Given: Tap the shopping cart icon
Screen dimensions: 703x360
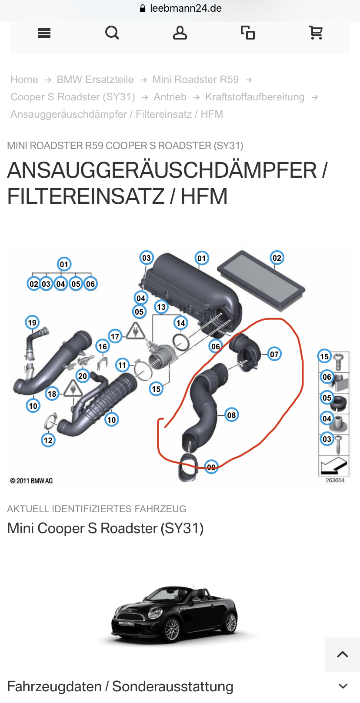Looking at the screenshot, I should pyautogui.click(x=316, y=33).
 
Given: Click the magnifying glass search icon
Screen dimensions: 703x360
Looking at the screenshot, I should pyautogui.click(x=112, y=33).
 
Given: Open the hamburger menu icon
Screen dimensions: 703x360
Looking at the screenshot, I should pyautogui.click(x=44, y=33).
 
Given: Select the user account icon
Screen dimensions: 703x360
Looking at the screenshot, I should pyautogui.click(x=180, y=33).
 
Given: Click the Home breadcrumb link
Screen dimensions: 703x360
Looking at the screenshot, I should pyautogui.click(x=24, y=80).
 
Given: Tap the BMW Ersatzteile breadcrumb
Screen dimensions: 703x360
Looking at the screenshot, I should pyautogui.click(x=95, y=80).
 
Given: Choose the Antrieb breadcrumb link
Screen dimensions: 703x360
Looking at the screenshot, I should pyautogui.click(x=170, y=97).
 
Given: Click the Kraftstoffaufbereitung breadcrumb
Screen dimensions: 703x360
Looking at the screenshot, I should pyautogui.click(x=255, y=97).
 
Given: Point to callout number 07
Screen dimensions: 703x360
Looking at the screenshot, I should pyautogui.click(x=274, y=354).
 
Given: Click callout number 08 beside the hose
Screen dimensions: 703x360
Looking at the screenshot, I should pyautogui.click(x=231, y=415).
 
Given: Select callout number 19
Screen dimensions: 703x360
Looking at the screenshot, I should pyautogui.click(x=32, y=322).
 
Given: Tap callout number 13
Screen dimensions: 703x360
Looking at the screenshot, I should pyautogui.click(x=161, y=307).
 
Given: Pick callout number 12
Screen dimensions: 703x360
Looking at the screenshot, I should pyautogui.click(x=48, y=440).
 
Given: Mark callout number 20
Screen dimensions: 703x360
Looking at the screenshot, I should pyautogui.click(x=83, y=376).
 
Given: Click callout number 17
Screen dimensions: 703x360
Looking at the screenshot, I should pyautogui.click(x=115, y=336).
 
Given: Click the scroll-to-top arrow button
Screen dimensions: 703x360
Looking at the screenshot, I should pyautogui.click(x=343, y=654).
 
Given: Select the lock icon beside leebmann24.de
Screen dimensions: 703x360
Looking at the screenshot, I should pyautogui.click(x=143, y=9).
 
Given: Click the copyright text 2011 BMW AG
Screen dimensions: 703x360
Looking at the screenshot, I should pyautogui.click(x=31, y=481).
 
